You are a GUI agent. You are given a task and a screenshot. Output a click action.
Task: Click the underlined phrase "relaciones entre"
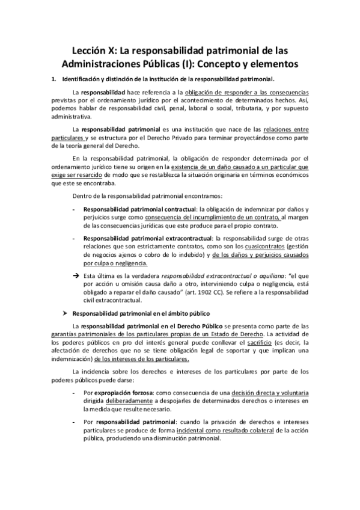point(286,129)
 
